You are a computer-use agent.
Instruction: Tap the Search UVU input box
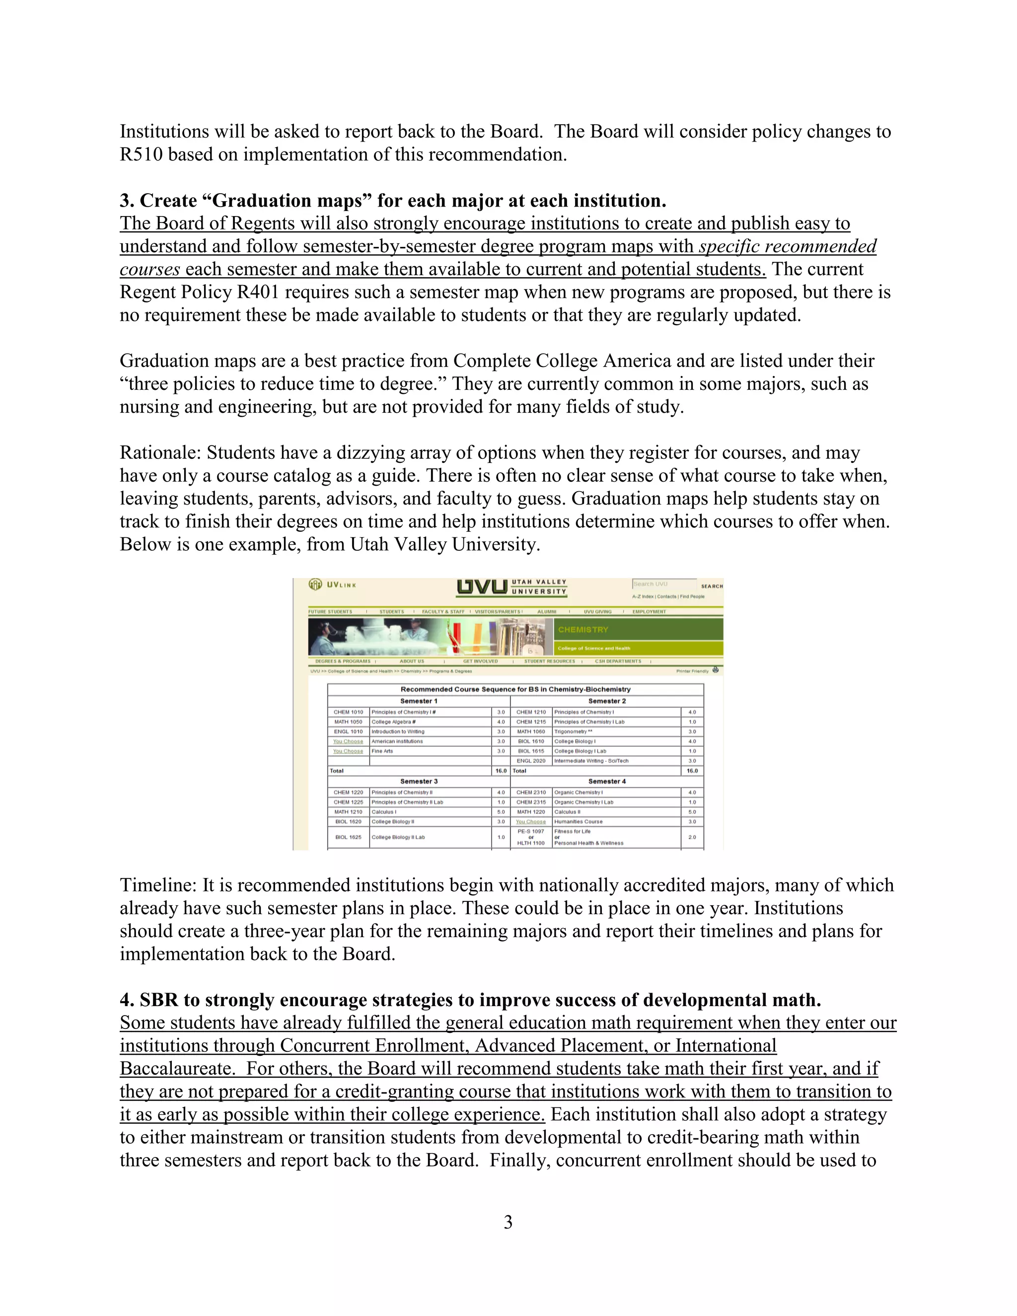pyautogui.click(x=663, y=584)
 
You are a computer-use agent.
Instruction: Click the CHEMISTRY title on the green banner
pyautogui.click(x=582, y=629)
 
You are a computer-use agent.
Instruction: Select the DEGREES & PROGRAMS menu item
pyautogui.click(x=343, y=661)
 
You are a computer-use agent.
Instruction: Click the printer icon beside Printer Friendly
pyautogui.click(x=715, y=670)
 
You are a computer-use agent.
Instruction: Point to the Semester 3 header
pyautogui.click(x=419, y=781)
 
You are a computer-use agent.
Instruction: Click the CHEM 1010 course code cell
pyautogui.click(x=348, y=712)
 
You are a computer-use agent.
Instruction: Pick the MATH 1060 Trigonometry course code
pyautogui.click(x=531, y=731)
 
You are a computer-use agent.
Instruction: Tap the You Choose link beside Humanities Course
pyautogui.click(x=531, y=822)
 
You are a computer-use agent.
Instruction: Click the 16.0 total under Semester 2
pyautogui.click(x=692, y=771)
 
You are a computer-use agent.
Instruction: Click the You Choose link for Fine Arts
pyautogui.click(x=348, y=751)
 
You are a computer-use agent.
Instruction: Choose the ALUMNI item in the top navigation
pyautogui.click(x=546, y=612)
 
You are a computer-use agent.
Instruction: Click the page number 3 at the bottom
pyautogui.click(x=508, y=1222)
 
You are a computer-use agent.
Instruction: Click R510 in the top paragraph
pyautogui.click(x=141, y=155)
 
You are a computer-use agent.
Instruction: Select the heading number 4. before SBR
pyautogui.click(x=127, y=1000)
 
